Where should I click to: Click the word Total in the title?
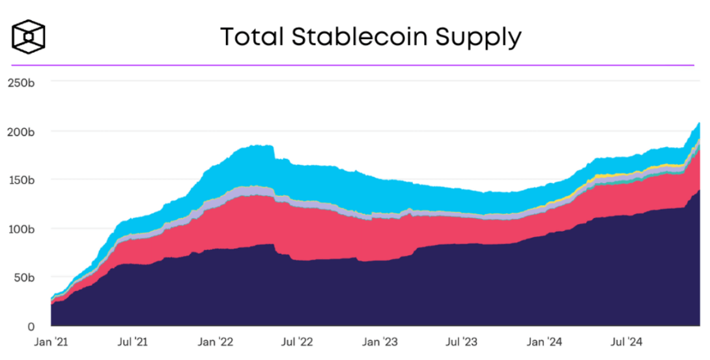click(x=250, y=36)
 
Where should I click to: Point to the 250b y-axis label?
click(x=21, y=83)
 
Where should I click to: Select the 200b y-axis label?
click(x=21, y=132)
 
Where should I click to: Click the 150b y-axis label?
click(x=21, y=180)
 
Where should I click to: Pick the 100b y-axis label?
click(x=21, y=228)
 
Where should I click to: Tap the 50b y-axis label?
click(x=23, y=277)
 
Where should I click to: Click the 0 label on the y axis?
click(x=30, y=325)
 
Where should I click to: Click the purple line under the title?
click(x=352, y=65)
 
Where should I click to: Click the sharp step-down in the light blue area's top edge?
click(x=274, y=153)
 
